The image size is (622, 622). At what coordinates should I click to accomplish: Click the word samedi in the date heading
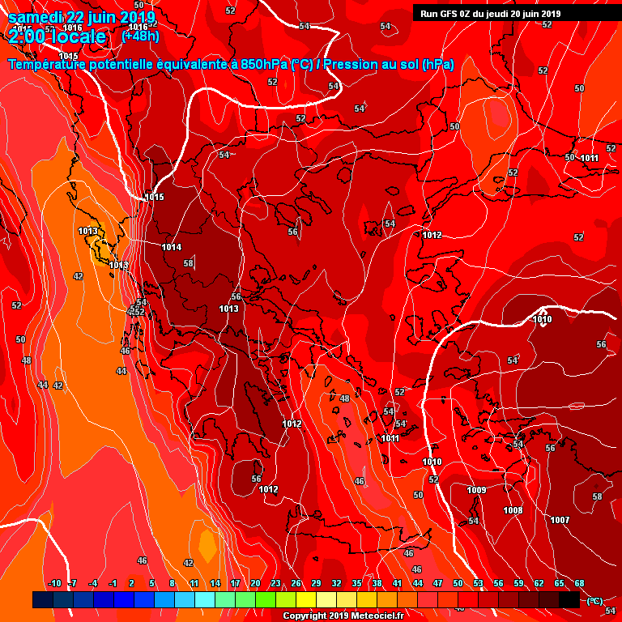click(x=35, y=17)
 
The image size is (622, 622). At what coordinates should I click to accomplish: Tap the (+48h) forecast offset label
click(x=140, y=36)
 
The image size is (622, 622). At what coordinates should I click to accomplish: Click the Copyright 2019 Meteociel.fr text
click(x=343, y=616)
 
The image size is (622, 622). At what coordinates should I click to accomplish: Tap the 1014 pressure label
click(x=171, y=247)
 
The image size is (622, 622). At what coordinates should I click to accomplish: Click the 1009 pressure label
click(x=477, y=490)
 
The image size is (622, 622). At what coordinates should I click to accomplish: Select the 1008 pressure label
click(x=513, y=510)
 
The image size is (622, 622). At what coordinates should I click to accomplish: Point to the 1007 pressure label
click(x=560, y=520)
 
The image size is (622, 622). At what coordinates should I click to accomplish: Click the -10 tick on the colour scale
click(x=55, y=583)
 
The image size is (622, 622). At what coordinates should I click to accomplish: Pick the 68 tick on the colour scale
click(x=580, y=583)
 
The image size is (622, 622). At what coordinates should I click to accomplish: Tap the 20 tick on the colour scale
click(x=255, y=583)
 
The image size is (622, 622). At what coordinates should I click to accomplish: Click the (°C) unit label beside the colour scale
click(x=594, y=600)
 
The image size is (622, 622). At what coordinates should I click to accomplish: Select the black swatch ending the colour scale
click(x=569, y=599)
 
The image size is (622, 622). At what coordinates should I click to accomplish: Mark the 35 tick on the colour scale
click(x=356, y=583)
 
